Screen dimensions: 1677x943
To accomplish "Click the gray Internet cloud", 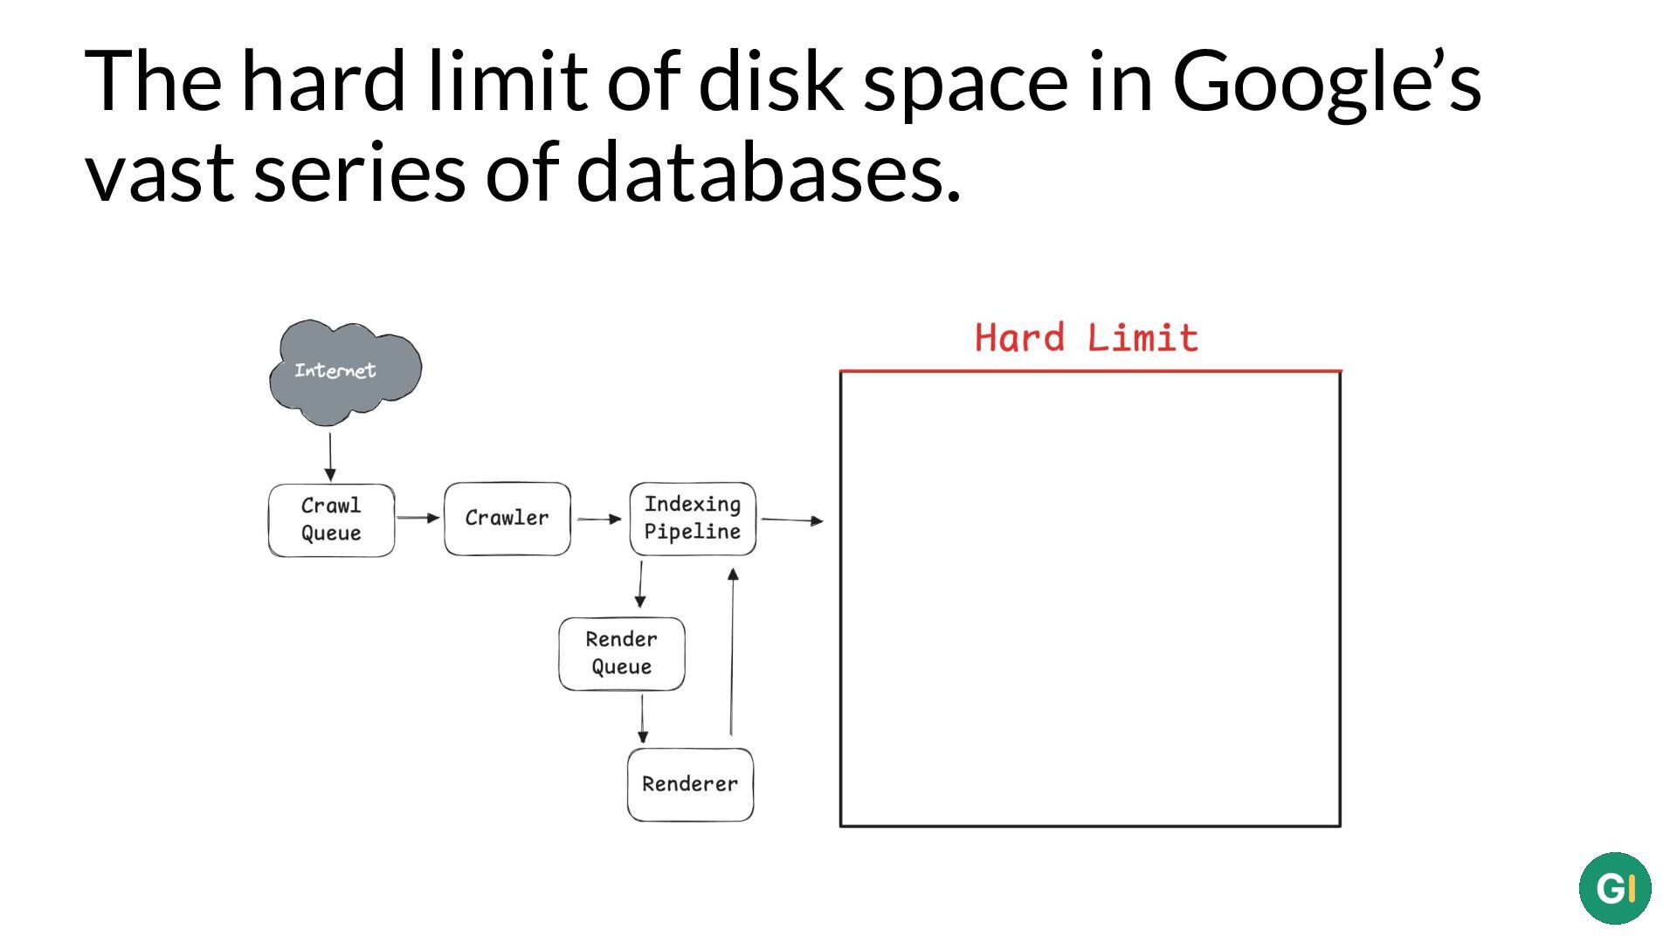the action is [345, 372].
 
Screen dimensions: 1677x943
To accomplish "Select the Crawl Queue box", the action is [331, 520].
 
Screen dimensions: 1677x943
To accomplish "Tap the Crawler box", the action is [507, 519].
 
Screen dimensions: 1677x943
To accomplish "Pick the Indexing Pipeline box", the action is [693, 519].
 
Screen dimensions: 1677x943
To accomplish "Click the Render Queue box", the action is [622, 654].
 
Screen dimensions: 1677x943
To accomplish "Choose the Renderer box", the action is [690, 785].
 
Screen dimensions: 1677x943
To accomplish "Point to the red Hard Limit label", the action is [1087, 338].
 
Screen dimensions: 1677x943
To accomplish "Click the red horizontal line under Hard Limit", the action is [1090, 371].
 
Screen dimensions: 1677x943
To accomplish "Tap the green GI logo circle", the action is [1615, 888].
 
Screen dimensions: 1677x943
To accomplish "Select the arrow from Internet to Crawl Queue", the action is [330, 457].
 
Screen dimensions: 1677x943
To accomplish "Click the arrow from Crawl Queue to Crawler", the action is [418, 518].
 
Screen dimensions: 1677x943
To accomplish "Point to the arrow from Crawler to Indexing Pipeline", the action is [599, 519].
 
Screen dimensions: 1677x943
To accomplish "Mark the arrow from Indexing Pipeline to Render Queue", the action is [640, 584].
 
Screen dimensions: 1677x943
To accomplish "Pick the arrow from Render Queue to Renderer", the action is [643, 719].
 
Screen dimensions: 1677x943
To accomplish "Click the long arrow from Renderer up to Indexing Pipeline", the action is [732, 651].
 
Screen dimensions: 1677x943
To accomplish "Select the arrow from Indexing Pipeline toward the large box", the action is [792, 520].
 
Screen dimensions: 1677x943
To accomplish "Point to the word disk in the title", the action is [771, 80].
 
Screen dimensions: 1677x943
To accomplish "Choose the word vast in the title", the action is [160, 174].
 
